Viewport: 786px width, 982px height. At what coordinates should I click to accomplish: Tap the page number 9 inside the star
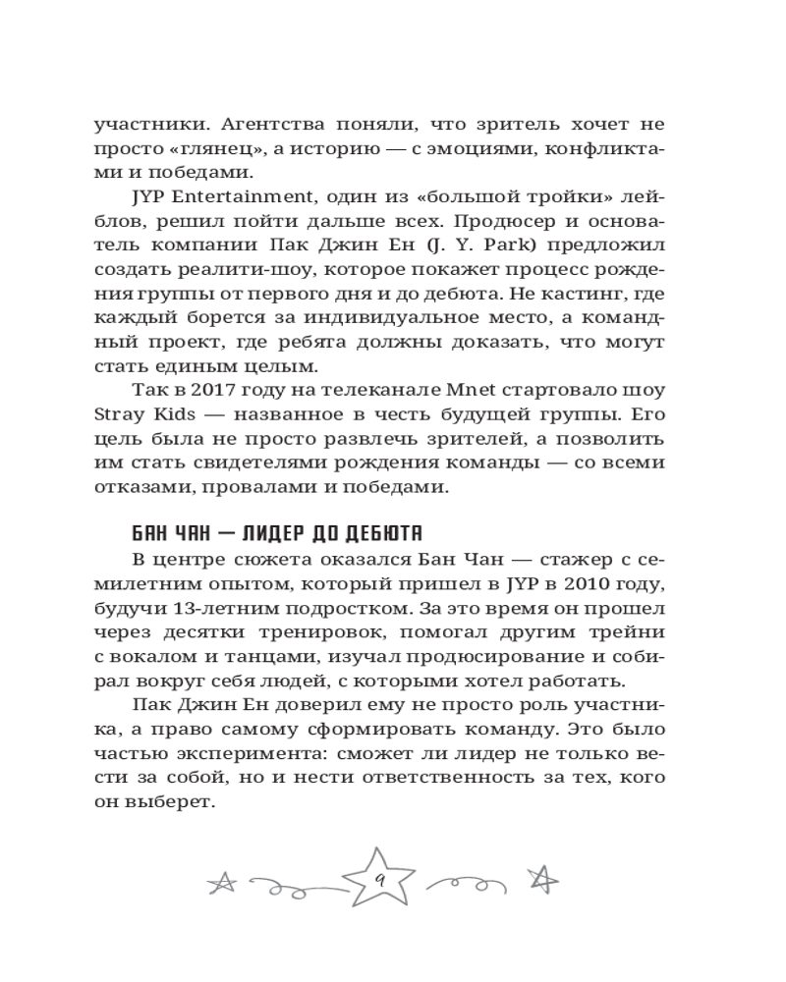point(377,882)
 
